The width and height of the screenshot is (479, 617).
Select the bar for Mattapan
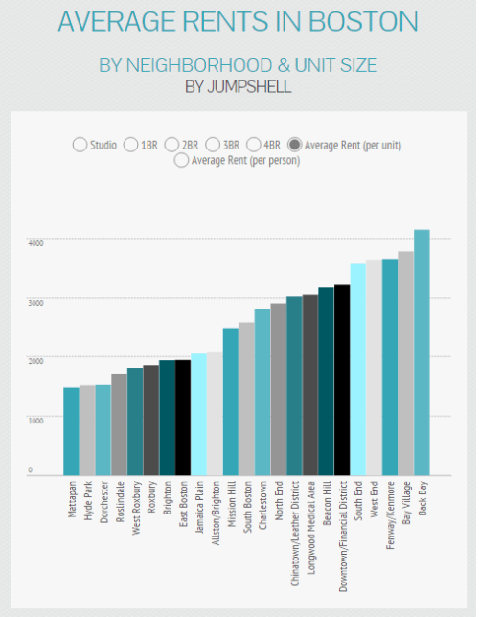click(x=72, y=431)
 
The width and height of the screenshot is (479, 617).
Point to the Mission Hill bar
click(x=231, y=401)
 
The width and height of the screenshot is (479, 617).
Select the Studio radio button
click(x=80, y=145)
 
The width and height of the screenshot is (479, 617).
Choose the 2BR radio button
click(x=172, y=145)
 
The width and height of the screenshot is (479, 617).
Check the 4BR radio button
click(x=254, y=145)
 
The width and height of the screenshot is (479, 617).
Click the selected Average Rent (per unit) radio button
click(x=296, y=145)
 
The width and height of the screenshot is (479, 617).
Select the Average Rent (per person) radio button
click(x=182, y=161)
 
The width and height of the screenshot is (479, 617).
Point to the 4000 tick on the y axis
click(x=35, y=243)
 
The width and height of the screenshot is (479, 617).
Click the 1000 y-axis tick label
click(x=35, y=420)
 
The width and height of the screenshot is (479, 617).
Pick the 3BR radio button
click(x=214, y=145)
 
